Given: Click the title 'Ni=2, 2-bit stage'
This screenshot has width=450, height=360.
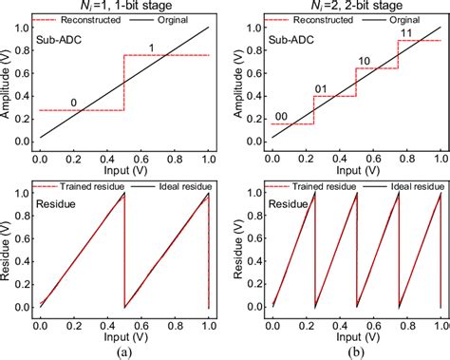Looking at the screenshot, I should coord(349,8).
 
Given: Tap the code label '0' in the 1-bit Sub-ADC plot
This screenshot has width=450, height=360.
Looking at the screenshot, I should coord(75,102).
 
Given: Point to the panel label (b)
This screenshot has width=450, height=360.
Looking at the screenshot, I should coord(349,351).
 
